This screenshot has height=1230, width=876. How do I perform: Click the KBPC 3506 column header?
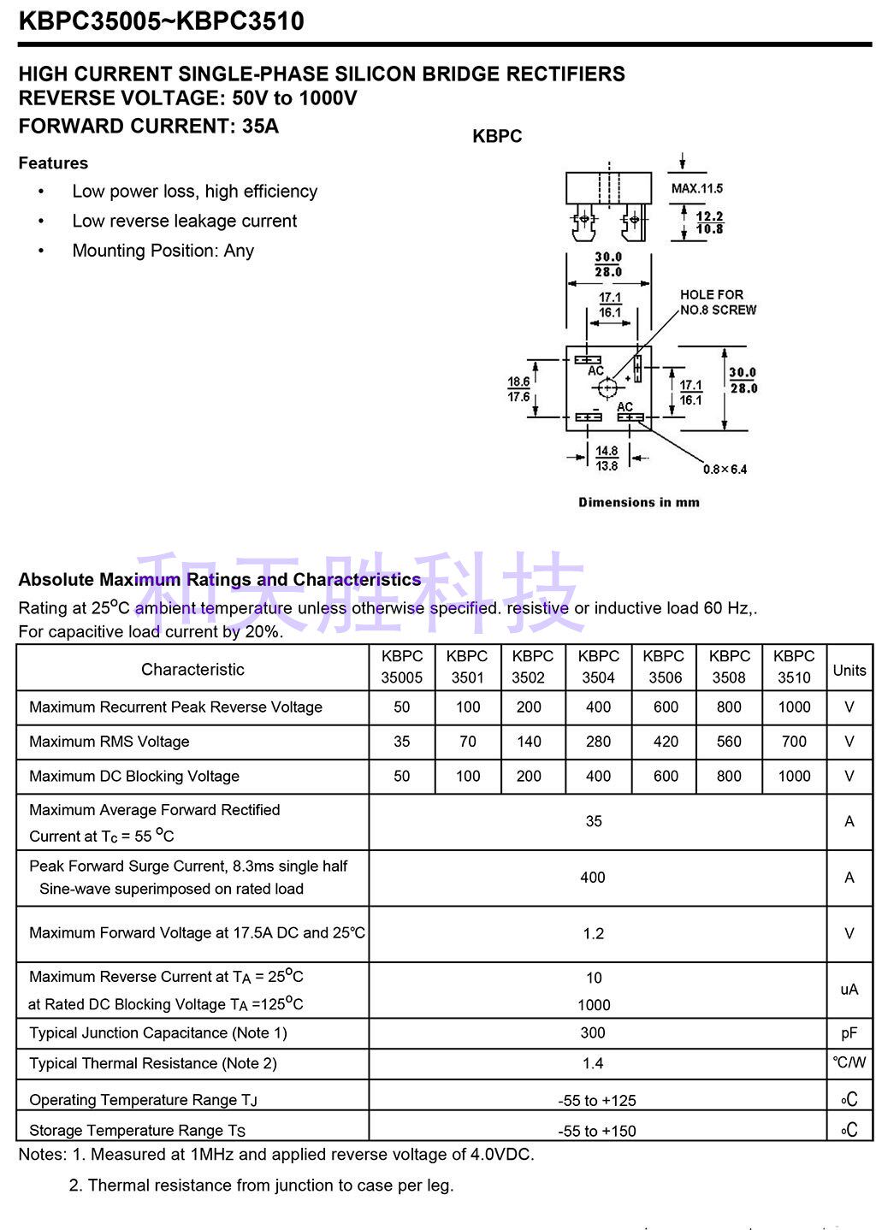pos(664,666)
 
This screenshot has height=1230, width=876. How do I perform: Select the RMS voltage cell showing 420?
pos(666,742)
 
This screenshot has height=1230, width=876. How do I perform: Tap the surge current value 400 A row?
pos(593,878)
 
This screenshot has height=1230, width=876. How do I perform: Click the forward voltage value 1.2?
pos(594,933)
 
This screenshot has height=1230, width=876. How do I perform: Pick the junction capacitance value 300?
pos(593,1032)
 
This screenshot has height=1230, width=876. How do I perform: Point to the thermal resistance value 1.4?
pos(593,1063)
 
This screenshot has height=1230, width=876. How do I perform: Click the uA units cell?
pos(849,990)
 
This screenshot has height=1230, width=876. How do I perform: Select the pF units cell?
pos(849,1032)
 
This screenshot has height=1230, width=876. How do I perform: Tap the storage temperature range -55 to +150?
pos(597,1131)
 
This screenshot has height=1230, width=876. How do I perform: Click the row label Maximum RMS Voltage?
pos(109,742)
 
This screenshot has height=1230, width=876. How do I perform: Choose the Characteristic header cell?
pos(192,669)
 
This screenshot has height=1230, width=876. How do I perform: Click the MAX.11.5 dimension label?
pos(697,188)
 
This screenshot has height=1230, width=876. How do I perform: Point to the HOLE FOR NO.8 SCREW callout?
pos(718,302)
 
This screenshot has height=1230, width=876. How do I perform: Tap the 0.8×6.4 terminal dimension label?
pos(725,469)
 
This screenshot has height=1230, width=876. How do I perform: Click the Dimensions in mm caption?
pos(638,502)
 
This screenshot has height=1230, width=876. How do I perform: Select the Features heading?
pos(53,163)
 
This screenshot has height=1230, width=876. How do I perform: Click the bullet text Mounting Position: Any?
pos(163,251)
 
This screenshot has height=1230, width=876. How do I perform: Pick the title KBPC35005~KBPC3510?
pos(161,21)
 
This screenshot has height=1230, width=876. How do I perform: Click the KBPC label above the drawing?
pos(497,136)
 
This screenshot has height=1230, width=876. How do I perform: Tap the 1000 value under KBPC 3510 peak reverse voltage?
pos(794,707)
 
